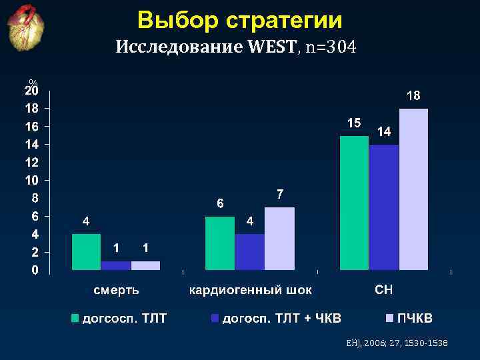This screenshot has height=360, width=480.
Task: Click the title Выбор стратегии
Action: pos(240,21)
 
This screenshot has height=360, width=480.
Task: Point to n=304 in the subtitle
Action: pos(331,47)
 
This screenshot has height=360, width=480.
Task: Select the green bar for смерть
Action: pos(86,252)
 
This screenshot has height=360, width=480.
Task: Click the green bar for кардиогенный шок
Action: pos(220,243)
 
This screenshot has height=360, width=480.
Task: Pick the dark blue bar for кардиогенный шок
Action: pos(249,252)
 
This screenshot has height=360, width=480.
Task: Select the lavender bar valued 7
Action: pos(279,239)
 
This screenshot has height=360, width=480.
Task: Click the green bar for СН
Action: pos(354,203)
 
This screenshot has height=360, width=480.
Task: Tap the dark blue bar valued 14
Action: pos(383,207)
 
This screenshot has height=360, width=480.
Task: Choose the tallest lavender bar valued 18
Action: pos(413,189)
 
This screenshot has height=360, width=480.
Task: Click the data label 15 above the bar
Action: pos(354,123)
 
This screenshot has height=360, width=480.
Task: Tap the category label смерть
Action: pos(116,291)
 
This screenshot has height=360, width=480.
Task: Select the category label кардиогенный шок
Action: pos(250,291)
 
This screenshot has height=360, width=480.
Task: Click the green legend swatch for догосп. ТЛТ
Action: pos(75,319)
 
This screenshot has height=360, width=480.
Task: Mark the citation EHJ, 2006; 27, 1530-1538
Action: pos(397,342)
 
